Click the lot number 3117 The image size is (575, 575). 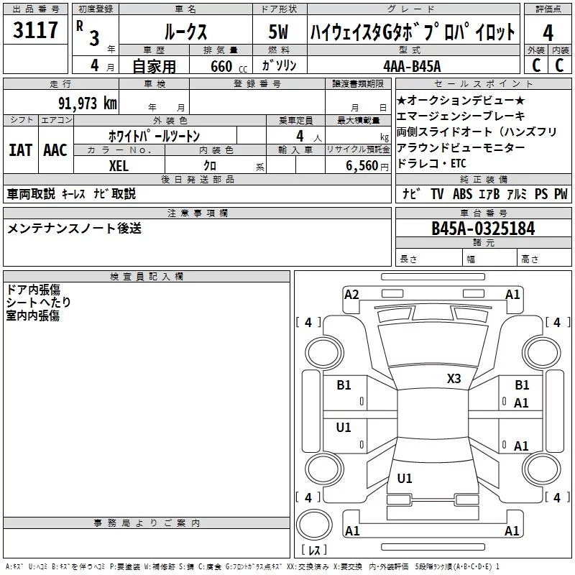(x=36, y=31)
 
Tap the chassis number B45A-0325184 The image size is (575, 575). (x=483, y=229)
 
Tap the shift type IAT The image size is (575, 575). (x=20, y=150)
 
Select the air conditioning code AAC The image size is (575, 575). (x=55, y=150)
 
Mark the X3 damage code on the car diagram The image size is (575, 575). (x=454, y=378)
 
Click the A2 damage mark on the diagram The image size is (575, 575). (x=351, y=294)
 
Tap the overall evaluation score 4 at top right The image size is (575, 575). (x=548, y=32)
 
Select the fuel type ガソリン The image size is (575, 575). (x=278, y=66)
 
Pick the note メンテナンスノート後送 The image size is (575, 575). (x=74, y=229)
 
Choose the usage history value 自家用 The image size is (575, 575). (x=155, y=66)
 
